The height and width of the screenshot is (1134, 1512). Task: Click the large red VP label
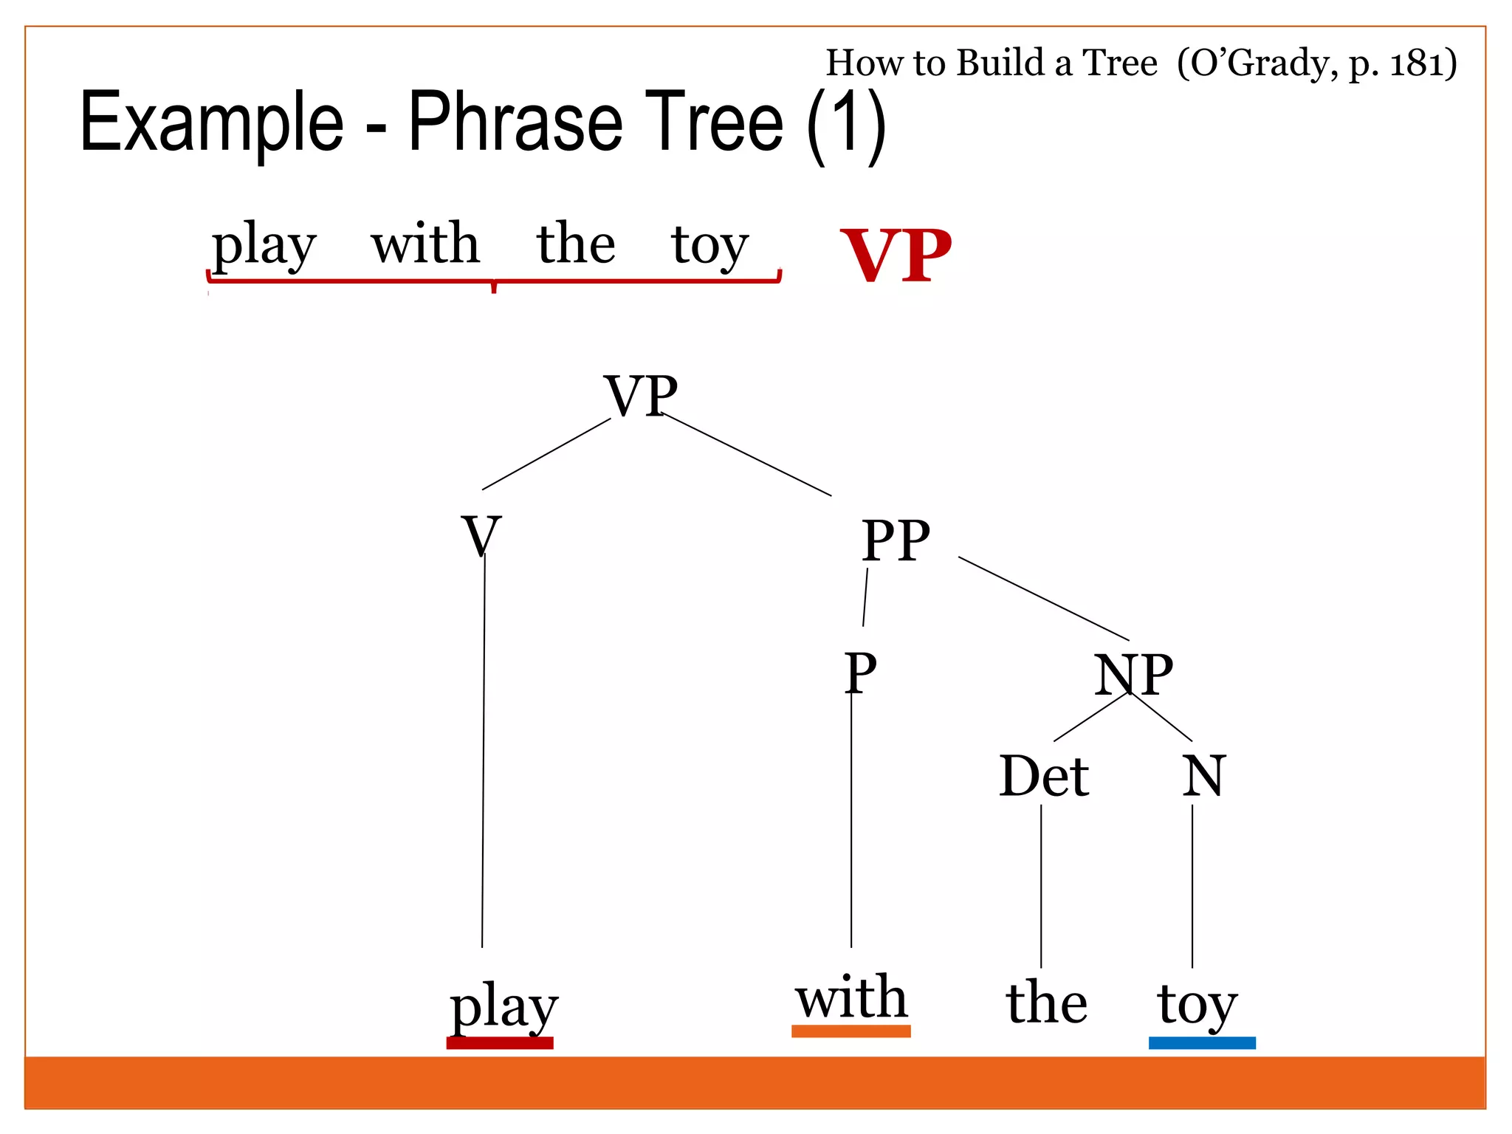coord(896,255)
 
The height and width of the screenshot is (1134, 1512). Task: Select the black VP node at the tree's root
coord(640,396)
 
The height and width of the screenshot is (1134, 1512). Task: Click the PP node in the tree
coord(896,540)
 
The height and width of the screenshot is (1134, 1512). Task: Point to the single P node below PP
coord(860,673)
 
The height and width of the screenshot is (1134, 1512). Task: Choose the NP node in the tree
coord(1133,675)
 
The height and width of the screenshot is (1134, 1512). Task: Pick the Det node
coord(1043,776)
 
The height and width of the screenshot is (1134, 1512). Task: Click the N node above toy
coord(1203,776)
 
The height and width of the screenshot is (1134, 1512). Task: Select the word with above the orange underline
coord(850,997)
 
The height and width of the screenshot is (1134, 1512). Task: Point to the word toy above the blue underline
coord(1197,1004)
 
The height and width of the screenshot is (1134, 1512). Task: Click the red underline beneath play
coord(500,1042)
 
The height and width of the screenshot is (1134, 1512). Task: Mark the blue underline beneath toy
coord(1202,1042)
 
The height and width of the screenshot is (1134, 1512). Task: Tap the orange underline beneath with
coord(850,1031)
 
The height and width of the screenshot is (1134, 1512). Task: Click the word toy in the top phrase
coord(709,244)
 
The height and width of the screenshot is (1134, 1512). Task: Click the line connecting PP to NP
coord(1043,598)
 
